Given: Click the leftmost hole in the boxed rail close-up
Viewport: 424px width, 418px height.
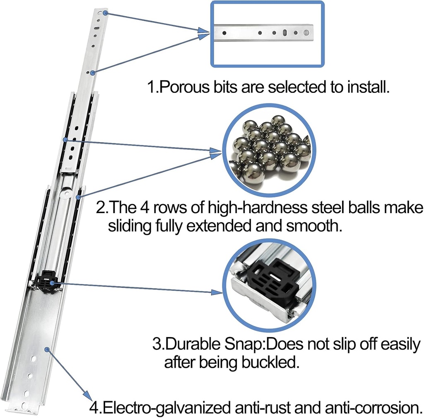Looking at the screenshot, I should tap(224, 32).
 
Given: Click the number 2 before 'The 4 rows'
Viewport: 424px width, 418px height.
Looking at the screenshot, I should tap(101, 207).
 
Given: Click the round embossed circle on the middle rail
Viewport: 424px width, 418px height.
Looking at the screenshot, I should tap(65, 192).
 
